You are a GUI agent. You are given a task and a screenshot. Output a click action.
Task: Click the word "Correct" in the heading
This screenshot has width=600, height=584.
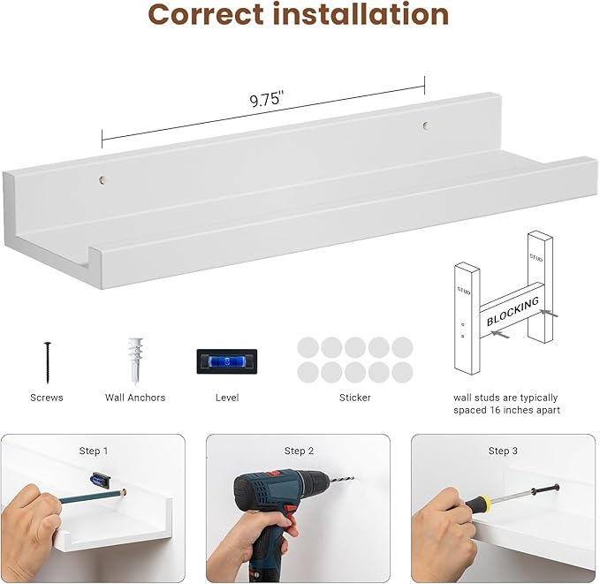tap(206, 14)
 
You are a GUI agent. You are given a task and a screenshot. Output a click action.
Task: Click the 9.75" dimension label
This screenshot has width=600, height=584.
tap(267, 99)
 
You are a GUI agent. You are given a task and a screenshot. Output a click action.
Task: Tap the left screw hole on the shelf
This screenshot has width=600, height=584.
tap(103, 180)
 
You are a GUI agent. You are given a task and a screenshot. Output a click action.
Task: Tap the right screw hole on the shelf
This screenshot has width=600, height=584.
tap(425, 125)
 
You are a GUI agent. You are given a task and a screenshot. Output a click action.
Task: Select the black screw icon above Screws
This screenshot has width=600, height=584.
tap(48, 362)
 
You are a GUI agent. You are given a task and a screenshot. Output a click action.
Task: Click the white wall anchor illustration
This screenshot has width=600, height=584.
tap(135, 360)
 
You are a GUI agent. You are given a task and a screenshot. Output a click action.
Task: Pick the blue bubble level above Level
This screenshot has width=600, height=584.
tap(227, 361)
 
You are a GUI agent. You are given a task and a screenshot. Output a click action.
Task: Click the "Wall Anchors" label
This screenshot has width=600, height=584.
tap(135, 398)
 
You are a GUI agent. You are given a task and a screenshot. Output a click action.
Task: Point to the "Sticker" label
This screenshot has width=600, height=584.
tap(354, 398)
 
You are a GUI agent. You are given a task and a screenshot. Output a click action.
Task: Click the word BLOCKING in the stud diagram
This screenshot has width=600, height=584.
tap(513, 311)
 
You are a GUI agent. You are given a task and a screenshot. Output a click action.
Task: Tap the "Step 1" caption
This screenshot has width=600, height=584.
tap(94, 451)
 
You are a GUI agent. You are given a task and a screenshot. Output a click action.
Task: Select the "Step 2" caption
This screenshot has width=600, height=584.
tap(299, 451)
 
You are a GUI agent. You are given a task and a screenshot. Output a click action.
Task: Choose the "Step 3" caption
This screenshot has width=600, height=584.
tap(503, 451)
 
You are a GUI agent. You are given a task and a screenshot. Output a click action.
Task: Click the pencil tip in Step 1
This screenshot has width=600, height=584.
tap(125, 492)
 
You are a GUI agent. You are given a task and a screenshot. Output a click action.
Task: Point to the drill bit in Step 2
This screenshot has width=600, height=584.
tap(343, 479)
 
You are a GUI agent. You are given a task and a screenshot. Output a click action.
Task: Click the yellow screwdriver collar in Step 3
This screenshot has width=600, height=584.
tap(484, 501)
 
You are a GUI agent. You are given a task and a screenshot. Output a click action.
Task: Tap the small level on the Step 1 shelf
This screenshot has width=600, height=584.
tap(101, 480)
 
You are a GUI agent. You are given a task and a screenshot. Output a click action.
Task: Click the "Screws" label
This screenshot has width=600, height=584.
tap(47, 398)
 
